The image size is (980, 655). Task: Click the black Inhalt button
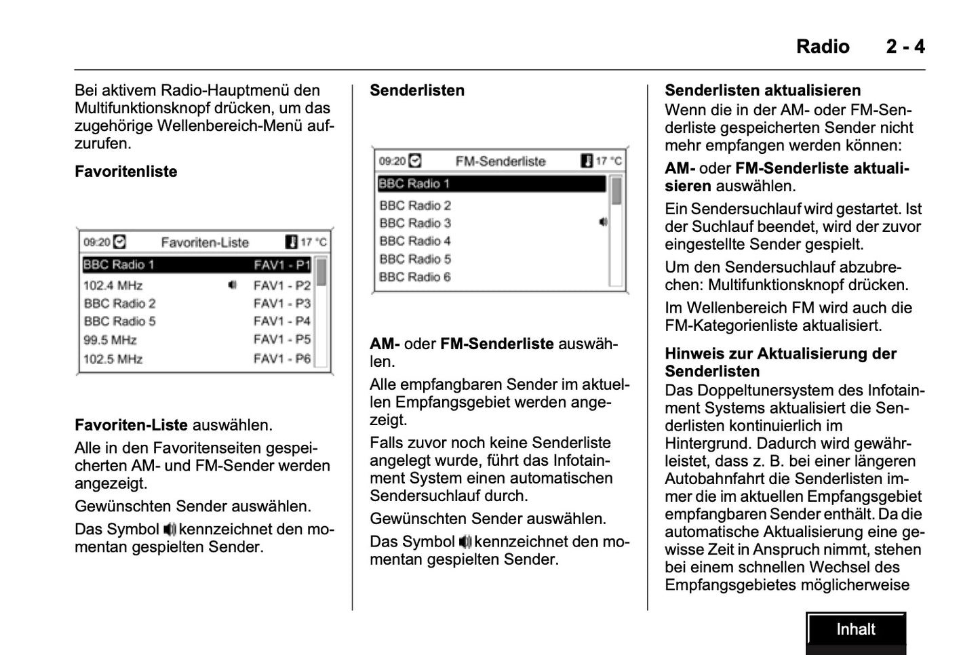coord(856,630)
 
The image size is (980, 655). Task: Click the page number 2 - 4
coord(905,46)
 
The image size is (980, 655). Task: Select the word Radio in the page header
coord(823,46)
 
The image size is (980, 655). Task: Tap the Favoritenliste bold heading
coord(126,172)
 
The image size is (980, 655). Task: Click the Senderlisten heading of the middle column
coord(417,90)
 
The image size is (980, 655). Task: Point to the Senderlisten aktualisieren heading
coord(762,90)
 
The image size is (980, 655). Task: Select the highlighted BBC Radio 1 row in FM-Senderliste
coord(491,184)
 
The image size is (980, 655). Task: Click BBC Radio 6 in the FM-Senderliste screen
coord(415,277)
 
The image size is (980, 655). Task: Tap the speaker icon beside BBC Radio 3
coord(603,222)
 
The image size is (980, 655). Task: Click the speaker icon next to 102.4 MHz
coord(232,285)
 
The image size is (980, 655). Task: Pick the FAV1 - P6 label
coord(282,359)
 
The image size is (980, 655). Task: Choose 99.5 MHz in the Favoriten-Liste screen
coord(110,340)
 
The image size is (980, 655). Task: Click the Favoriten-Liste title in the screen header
coord(205,242)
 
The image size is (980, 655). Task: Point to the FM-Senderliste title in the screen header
coord(501,161)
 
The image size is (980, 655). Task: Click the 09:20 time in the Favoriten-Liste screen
coord(96,242)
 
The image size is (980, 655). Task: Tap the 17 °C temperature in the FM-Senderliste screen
coord(608,161)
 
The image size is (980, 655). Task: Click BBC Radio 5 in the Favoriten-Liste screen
coord(120,321)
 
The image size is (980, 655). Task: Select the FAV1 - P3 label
coord(282,303)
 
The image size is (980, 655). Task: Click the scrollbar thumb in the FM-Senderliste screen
coord(616,191)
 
